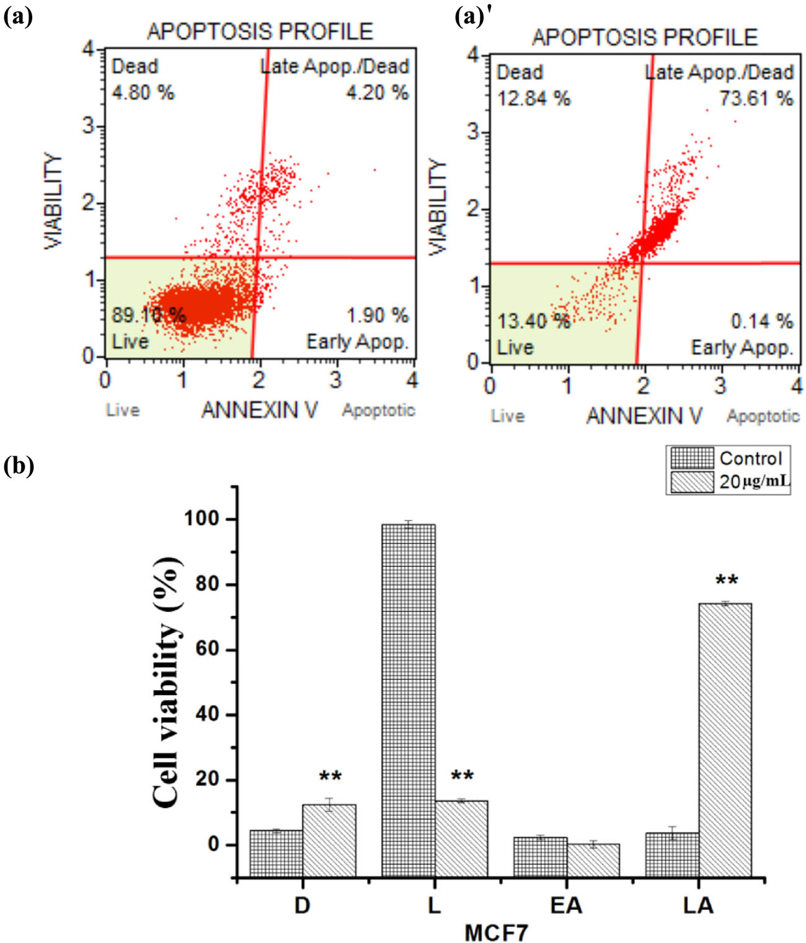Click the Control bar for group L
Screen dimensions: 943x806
point(408,701)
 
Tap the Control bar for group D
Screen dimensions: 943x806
point(276,853)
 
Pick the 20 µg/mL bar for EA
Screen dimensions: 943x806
point(593,860)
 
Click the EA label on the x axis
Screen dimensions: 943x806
point(566,906)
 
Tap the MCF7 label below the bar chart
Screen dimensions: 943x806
point(497,932)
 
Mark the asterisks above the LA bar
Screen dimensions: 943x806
point(727,582)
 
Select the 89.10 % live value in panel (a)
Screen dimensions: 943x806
point(148,315)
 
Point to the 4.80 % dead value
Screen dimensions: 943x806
point(143,93)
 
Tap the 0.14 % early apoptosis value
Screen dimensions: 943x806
point(761,321)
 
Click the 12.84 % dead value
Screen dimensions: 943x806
point(533,99)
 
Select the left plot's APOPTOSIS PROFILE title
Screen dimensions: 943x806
point(260,31)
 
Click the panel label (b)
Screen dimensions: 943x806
point(18,465)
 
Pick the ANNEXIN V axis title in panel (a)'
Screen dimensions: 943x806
point(644,415)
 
